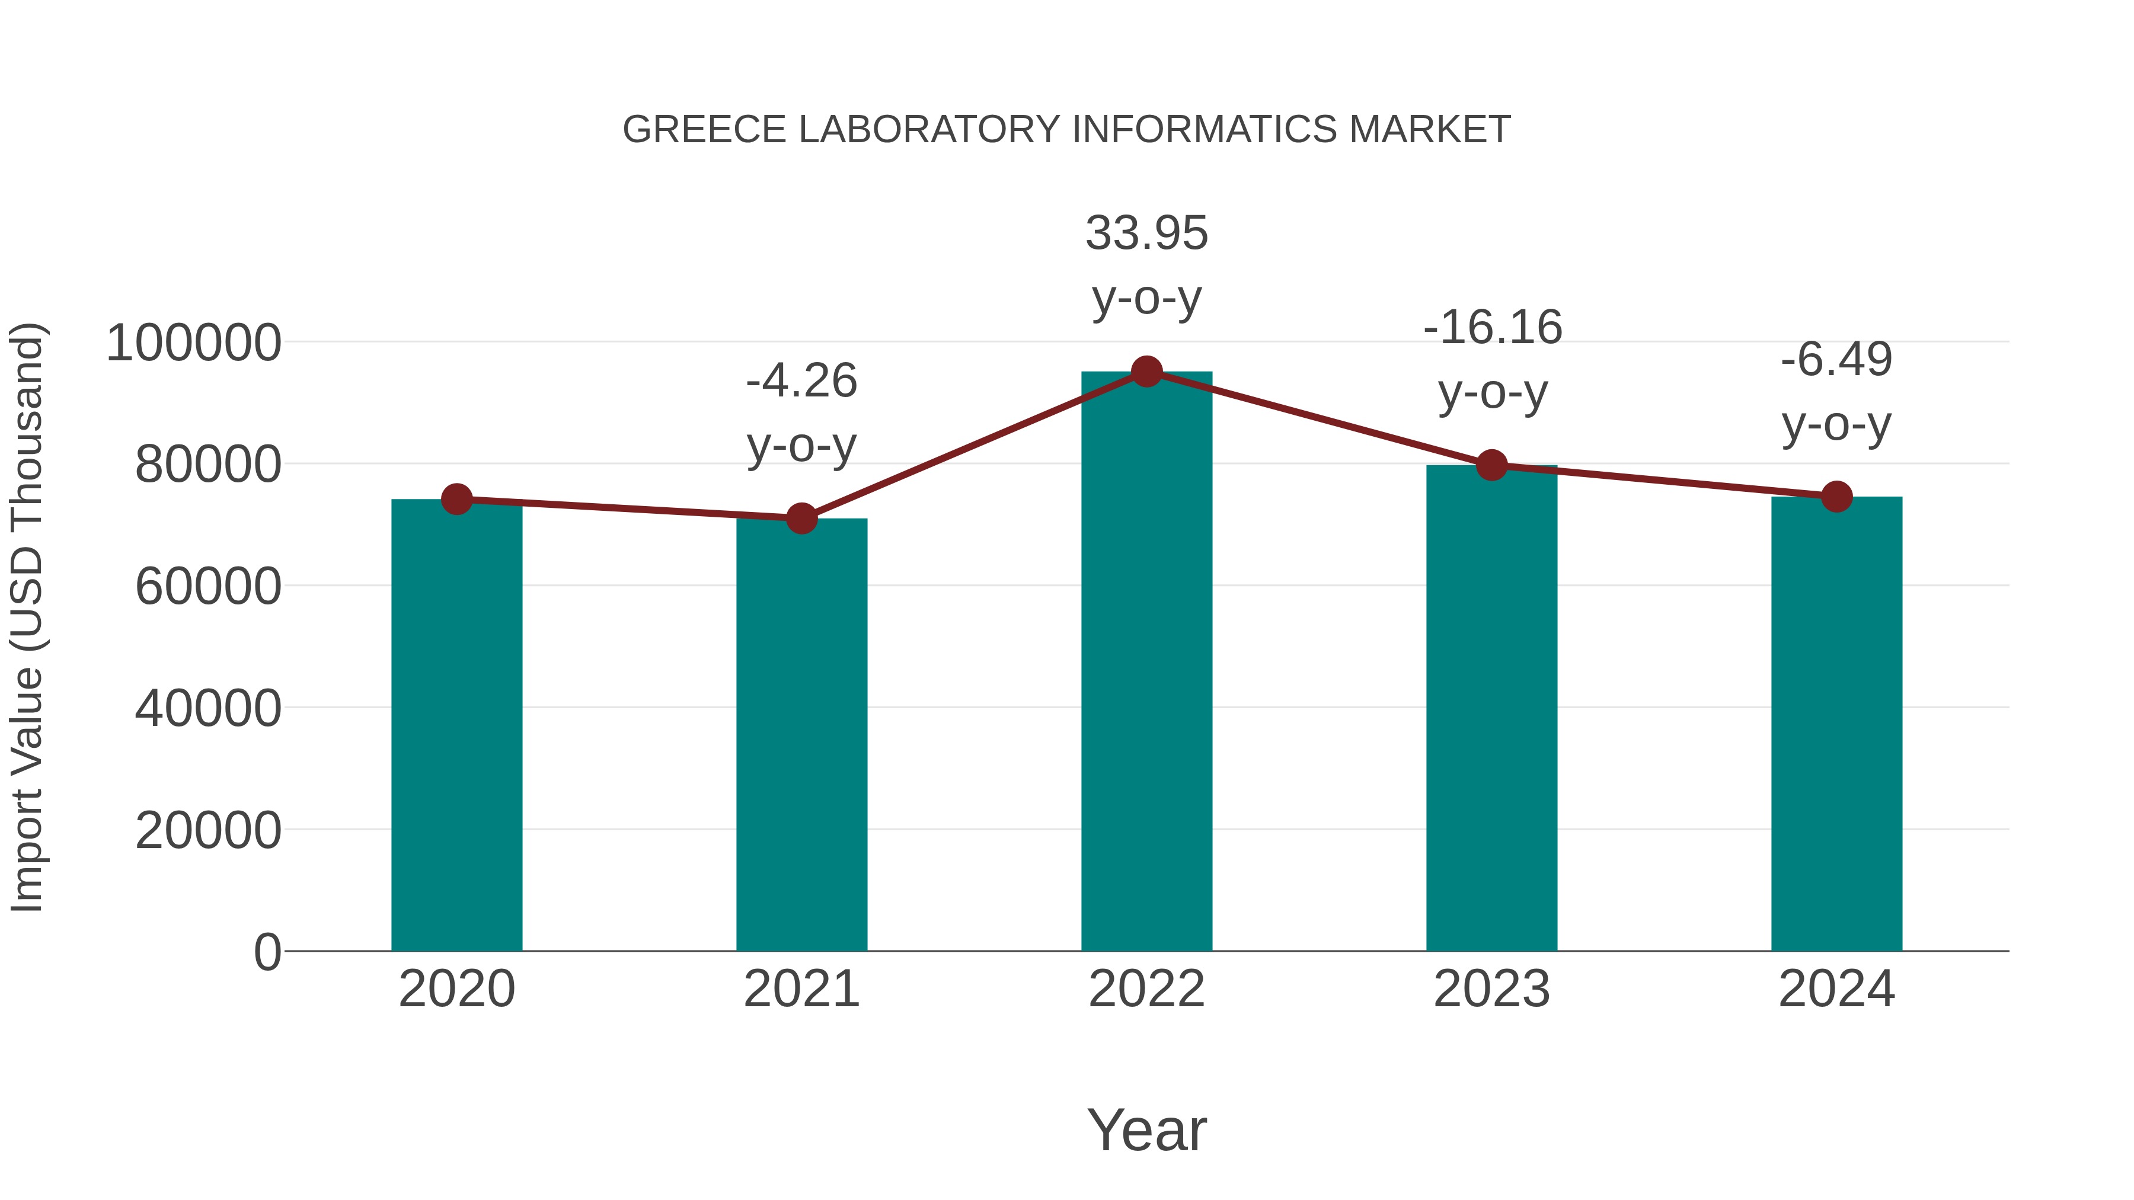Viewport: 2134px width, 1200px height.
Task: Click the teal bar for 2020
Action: point(456,729)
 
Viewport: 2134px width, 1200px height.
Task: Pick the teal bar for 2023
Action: point(1491,712)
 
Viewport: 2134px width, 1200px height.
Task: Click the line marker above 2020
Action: point(456,500)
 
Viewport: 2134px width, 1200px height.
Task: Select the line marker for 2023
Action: point(1491,465)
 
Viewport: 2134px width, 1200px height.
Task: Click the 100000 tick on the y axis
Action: point(194,343)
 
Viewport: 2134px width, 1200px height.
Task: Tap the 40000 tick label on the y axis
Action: point(208,709)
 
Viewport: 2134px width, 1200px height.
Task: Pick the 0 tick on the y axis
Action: point(267,952)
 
